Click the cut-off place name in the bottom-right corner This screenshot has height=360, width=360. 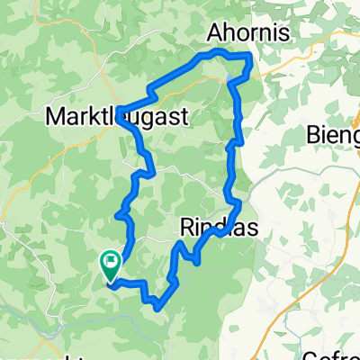tap(333, 354)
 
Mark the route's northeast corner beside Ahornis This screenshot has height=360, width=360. tap(249, 58)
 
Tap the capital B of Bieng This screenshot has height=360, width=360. tap(313, 136)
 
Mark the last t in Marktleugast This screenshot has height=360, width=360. tap(184, 116)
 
